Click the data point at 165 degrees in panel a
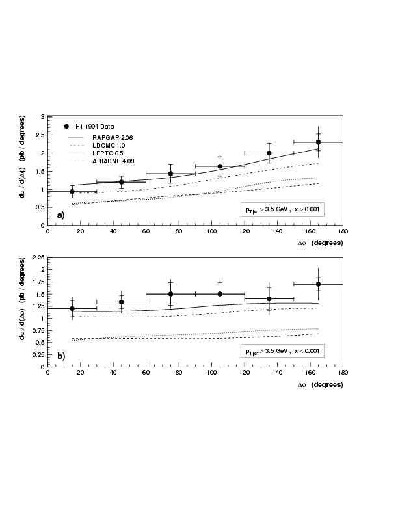point(318,142)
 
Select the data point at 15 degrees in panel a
point(72,192)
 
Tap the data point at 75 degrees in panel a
point(170,174)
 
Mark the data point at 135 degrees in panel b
point(269,299)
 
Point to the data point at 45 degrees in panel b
point(121,302)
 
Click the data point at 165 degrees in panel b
point(318,284)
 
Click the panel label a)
point(60,215)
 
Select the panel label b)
point(60,356)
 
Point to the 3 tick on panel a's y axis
point(42,117)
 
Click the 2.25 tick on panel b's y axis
point(38,258)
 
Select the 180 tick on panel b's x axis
point(343,373)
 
